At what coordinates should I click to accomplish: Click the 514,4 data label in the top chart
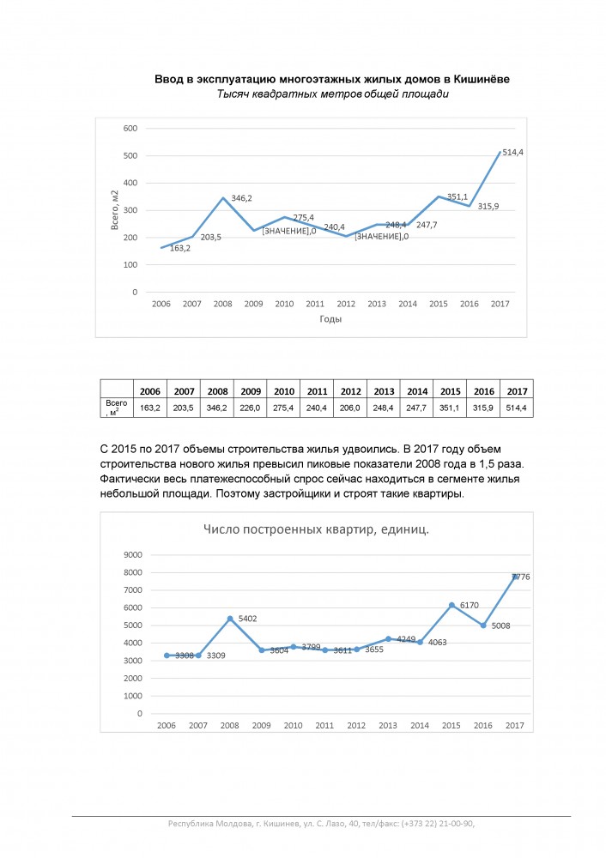point(514,153)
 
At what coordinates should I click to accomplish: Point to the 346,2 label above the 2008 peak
point(241,198)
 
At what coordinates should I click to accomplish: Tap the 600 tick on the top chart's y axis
point(130,129)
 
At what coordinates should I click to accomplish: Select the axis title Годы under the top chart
point(330,319)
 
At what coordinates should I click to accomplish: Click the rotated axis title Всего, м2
point(113,211)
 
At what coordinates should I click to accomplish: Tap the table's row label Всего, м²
point(116,408)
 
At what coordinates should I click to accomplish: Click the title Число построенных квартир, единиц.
point(316,529)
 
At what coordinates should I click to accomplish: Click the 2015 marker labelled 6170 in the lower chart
point(451,606)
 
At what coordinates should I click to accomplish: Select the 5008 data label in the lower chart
point(501,625)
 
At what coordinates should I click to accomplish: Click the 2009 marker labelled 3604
point(262,650)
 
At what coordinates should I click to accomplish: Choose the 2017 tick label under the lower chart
point(514,726)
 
